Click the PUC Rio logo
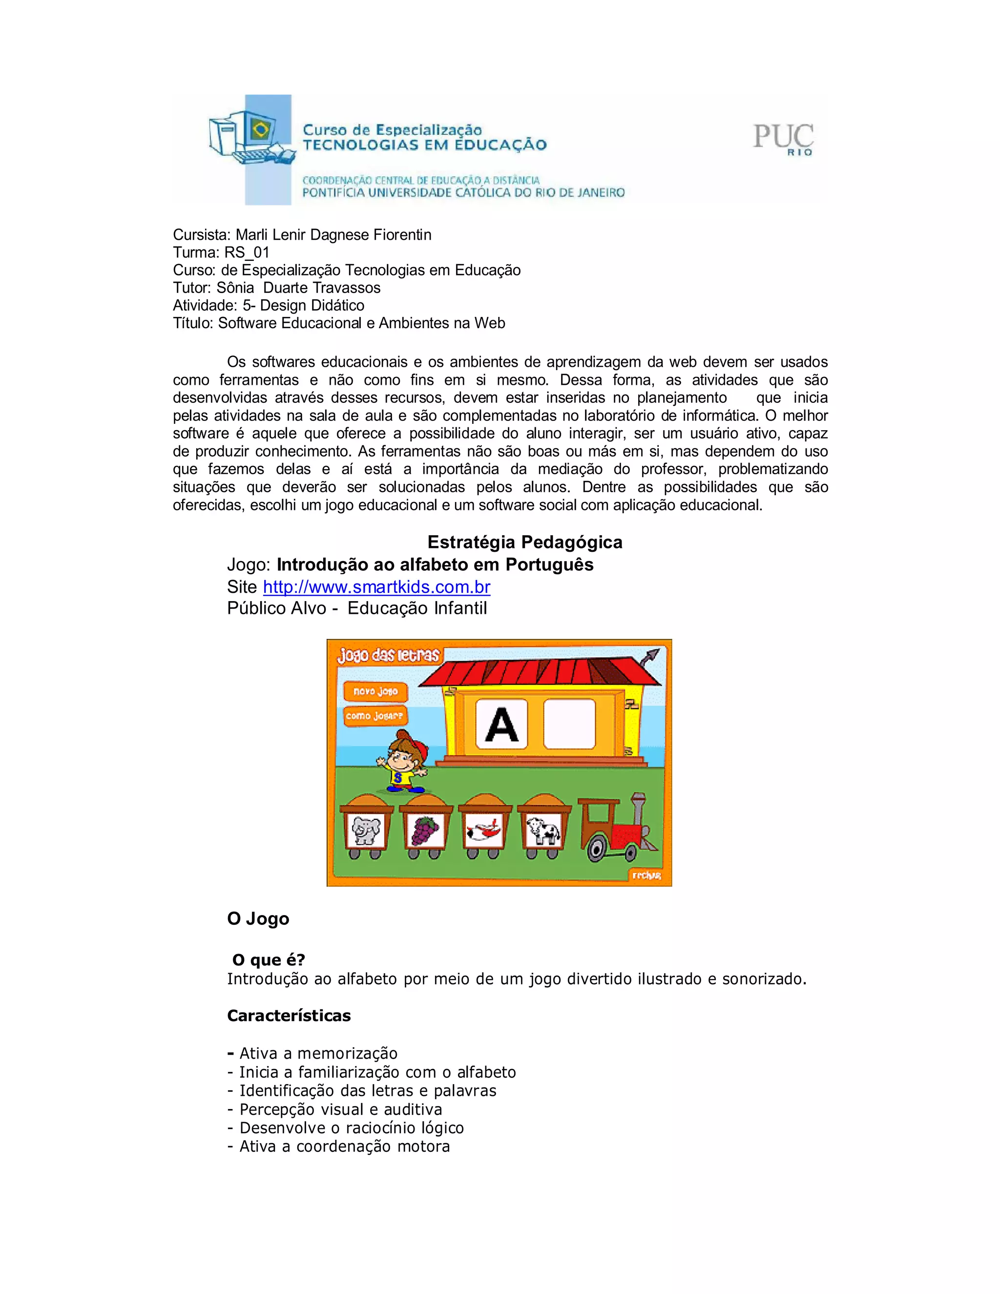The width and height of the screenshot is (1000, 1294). point(783,139)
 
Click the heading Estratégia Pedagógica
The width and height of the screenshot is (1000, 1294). point(524,542)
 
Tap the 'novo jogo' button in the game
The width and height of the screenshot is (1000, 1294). point(375,691)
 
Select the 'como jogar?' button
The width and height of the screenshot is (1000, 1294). point(375,716)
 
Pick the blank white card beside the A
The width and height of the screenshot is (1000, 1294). point(569,724)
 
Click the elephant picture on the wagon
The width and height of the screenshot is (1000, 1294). point(366,830)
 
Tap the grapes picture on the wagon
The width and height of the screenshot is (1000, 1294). point(425,830)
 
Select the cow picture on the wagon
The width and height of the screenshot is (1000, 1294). point(544,830)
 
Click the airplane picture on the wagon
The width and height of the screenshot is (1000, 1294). point(484,830)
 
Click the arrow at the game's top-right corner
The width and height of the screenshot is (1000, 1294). point(650,656)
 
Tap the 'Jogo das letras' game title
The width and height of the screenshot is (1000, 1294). point(388,655)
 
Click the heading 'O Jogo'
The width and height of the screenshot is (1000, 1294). point(258,919)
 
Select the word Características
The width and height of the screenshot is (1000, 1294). point(289,1016)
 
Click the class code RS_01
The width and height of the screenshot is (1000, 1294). point(247,252)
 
